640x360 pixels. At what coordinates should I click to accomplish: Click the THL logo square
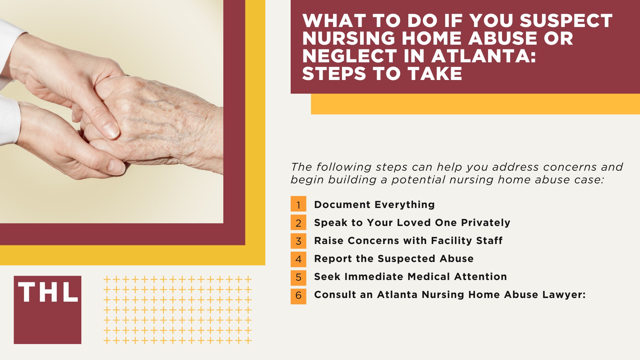47,310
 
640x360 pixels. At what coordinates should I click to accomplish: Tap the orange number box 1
298,204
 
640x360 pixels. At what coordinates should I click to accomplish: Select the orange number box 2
298,222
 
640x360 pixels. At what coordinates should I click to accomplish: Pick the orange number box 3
298,241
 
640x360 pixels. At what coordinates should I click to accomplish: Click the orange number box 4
298,259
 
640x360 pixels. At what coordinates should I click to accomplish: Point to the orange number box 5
298,277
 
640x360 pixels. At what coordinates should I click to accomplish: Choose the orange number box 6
298,295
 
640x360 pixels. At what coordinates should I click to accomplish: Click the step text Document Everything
374,204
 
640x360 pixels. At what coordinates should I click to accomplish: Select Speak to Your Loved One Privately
412,222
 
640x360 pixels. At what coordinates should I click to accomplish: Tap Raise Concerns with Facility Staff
408,240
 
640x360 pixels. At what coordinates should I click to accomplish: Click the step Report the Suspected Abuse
394,258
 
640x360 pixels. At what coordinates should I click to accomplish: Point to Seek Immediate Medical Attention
410,276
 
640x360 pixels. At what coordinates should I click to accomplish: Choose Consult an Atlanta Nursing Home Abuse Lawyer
450,294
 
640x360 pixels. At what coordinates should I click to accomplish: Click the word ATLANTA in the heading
483,56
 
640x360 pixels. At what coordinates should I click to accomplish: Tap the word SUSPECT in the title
566,21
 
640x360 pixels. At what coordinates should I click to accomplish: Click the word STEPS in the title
334,73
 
